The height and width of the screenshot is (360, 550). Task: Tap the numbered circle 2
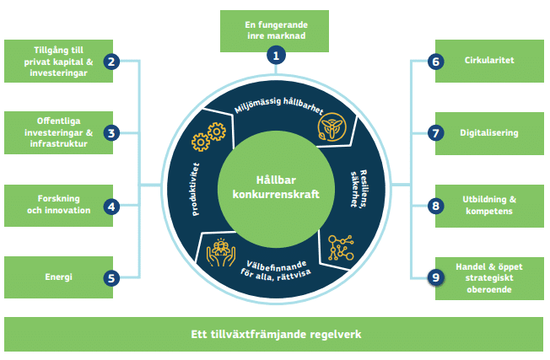point(111,61)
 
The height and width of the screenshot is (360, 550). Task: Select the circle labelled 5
point(111,277)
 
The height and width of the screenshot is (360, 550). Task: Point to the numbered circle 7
point(435,133)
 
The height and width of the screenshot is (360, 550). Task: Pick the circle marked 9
point(435,277)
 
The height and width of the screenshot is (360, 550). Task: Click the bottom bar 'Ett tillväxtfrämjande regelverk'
point(275,334)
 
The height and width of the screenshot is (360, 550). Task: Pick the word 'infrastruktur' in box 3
point(57,143)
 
